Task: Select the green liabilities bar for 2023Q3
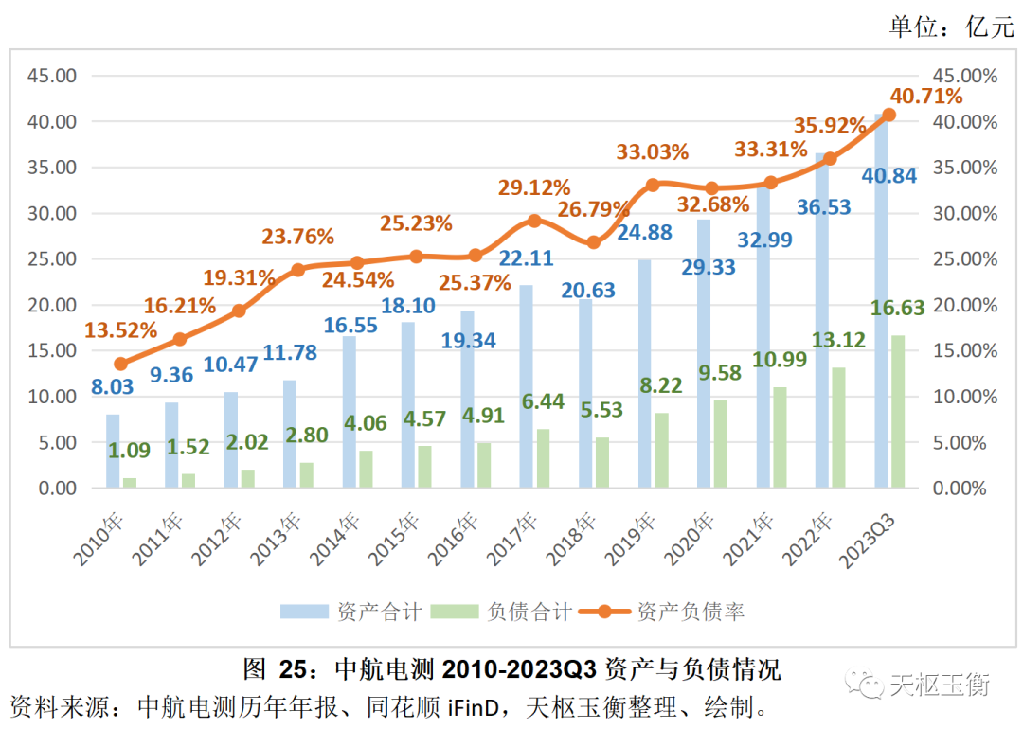tap(897, 412)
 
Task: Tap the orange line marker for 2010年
tap(121, 364)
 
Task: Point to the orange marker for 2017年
tap(534, 221)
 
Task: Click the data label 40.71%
tap(926, 96)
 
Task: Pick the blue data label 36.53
tap(823, 205)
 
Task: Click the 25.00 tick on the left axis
tap(54, 258)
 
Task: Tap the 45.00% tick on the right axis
tap(965, 76)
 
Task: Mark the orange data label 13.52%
tap(121, 329)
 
